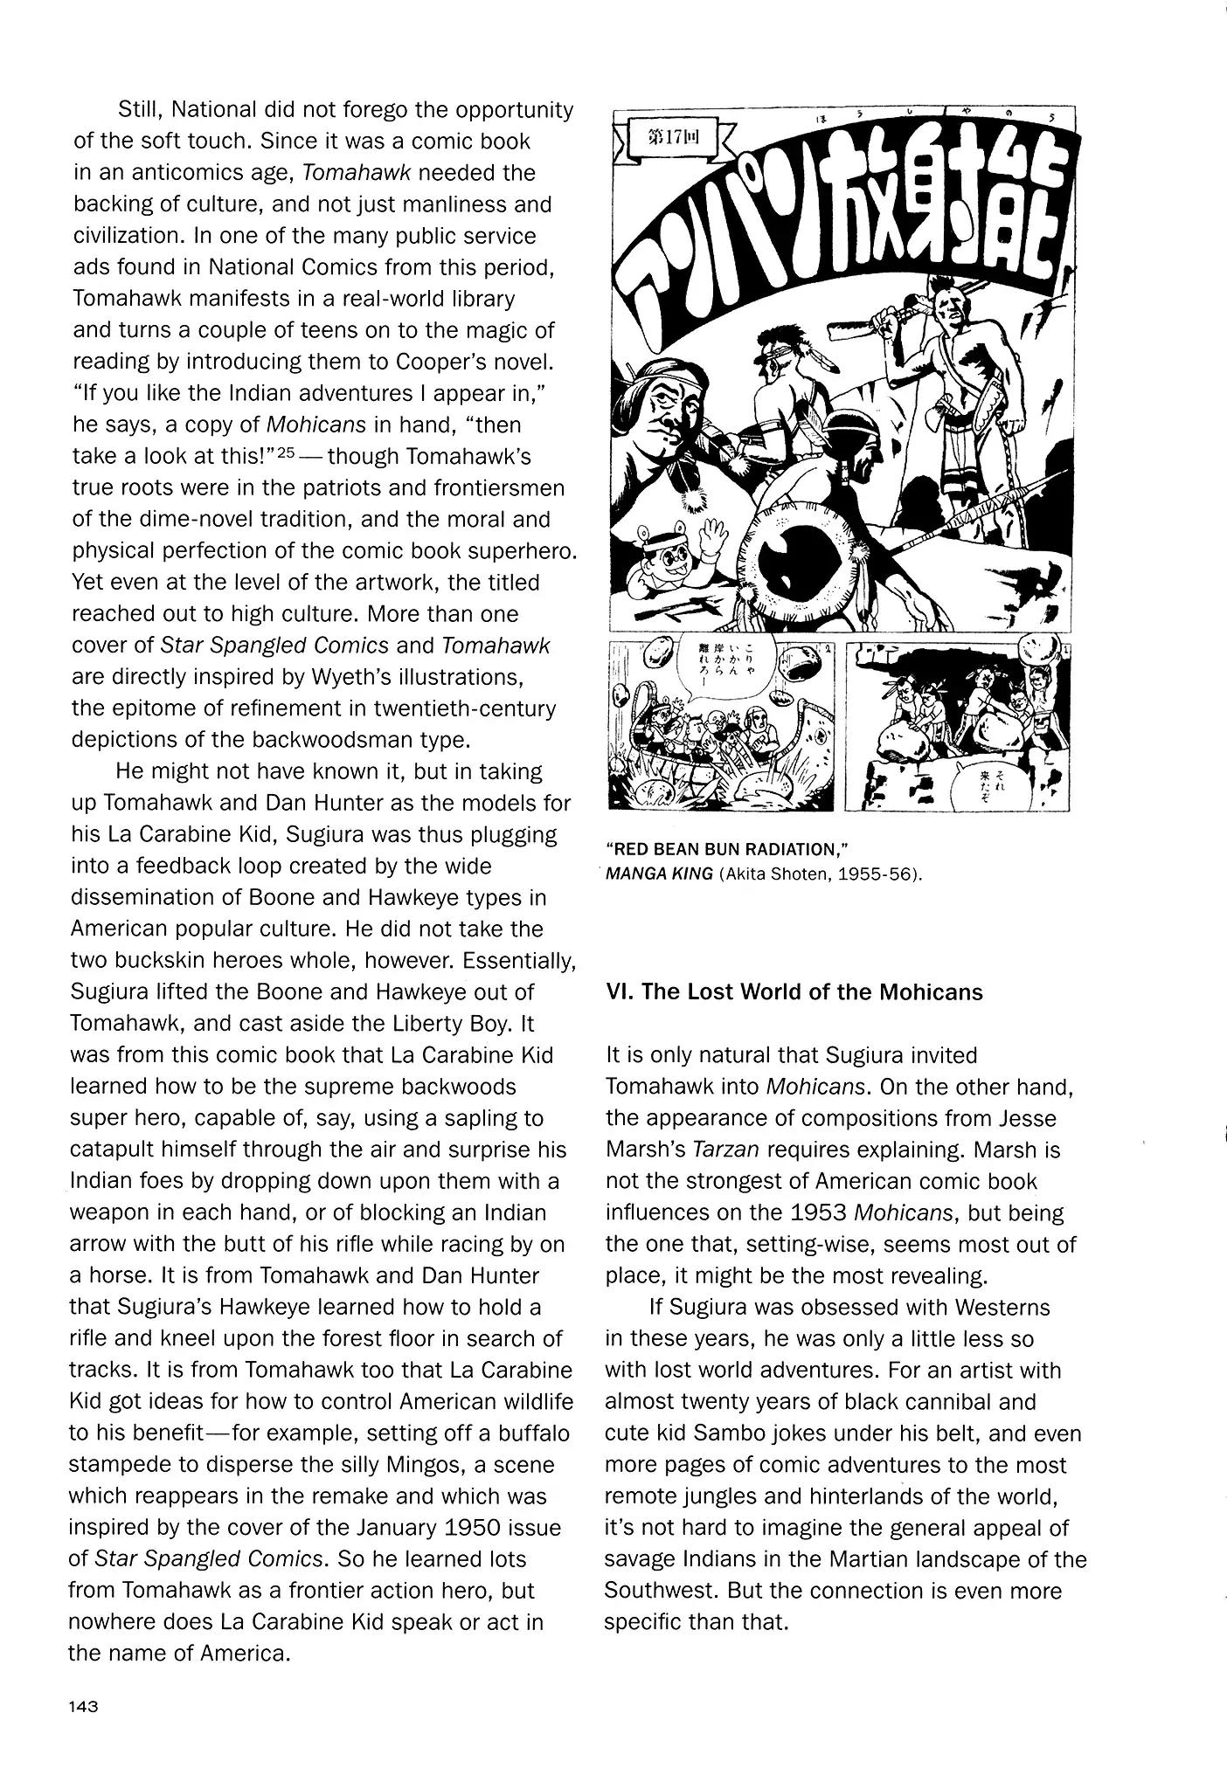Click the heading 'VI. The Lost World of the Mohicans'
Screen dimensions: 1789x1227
(x=794, y=992)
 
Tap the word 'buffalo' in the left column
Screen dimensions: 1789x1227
(x=535, y=1433)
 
